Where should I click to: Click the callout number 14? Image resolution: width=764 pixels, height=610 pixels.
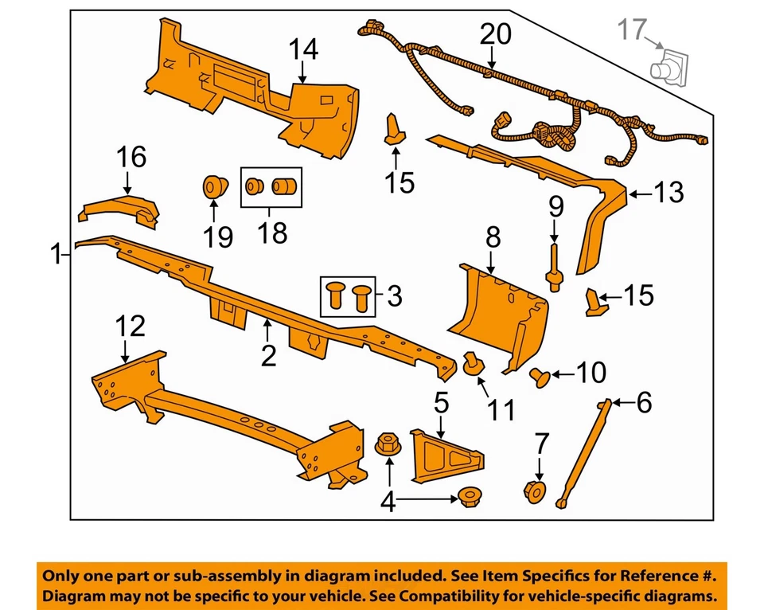[x=303, y=49]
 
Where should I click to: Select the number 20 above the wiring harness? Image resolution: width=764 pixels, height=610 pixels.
[x=496, y=35]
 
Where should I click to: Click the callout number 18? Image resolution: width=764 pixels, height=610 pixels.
[x=267, y=234]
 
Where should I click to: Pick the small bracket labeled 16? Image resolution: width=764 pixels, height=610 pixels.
[x=119, y=209]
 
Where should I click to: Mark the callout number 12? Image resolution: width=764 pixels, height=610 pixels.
[x=131, y=326]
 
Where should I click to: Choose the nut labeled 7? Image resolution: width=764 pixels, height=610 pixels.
[x=534, y=492]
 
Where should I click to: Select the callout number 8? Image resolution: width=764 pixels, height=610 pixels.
[x=493, y=237]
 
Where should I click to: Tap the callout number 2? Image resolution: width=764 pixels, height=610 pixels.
[x=269, y=355]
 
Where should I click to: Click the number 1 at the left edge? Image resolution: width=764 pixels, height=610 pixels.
[x=55, y=256]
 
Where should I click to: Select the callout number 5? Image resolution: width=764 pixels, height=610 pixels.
[x=440, y=403]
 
